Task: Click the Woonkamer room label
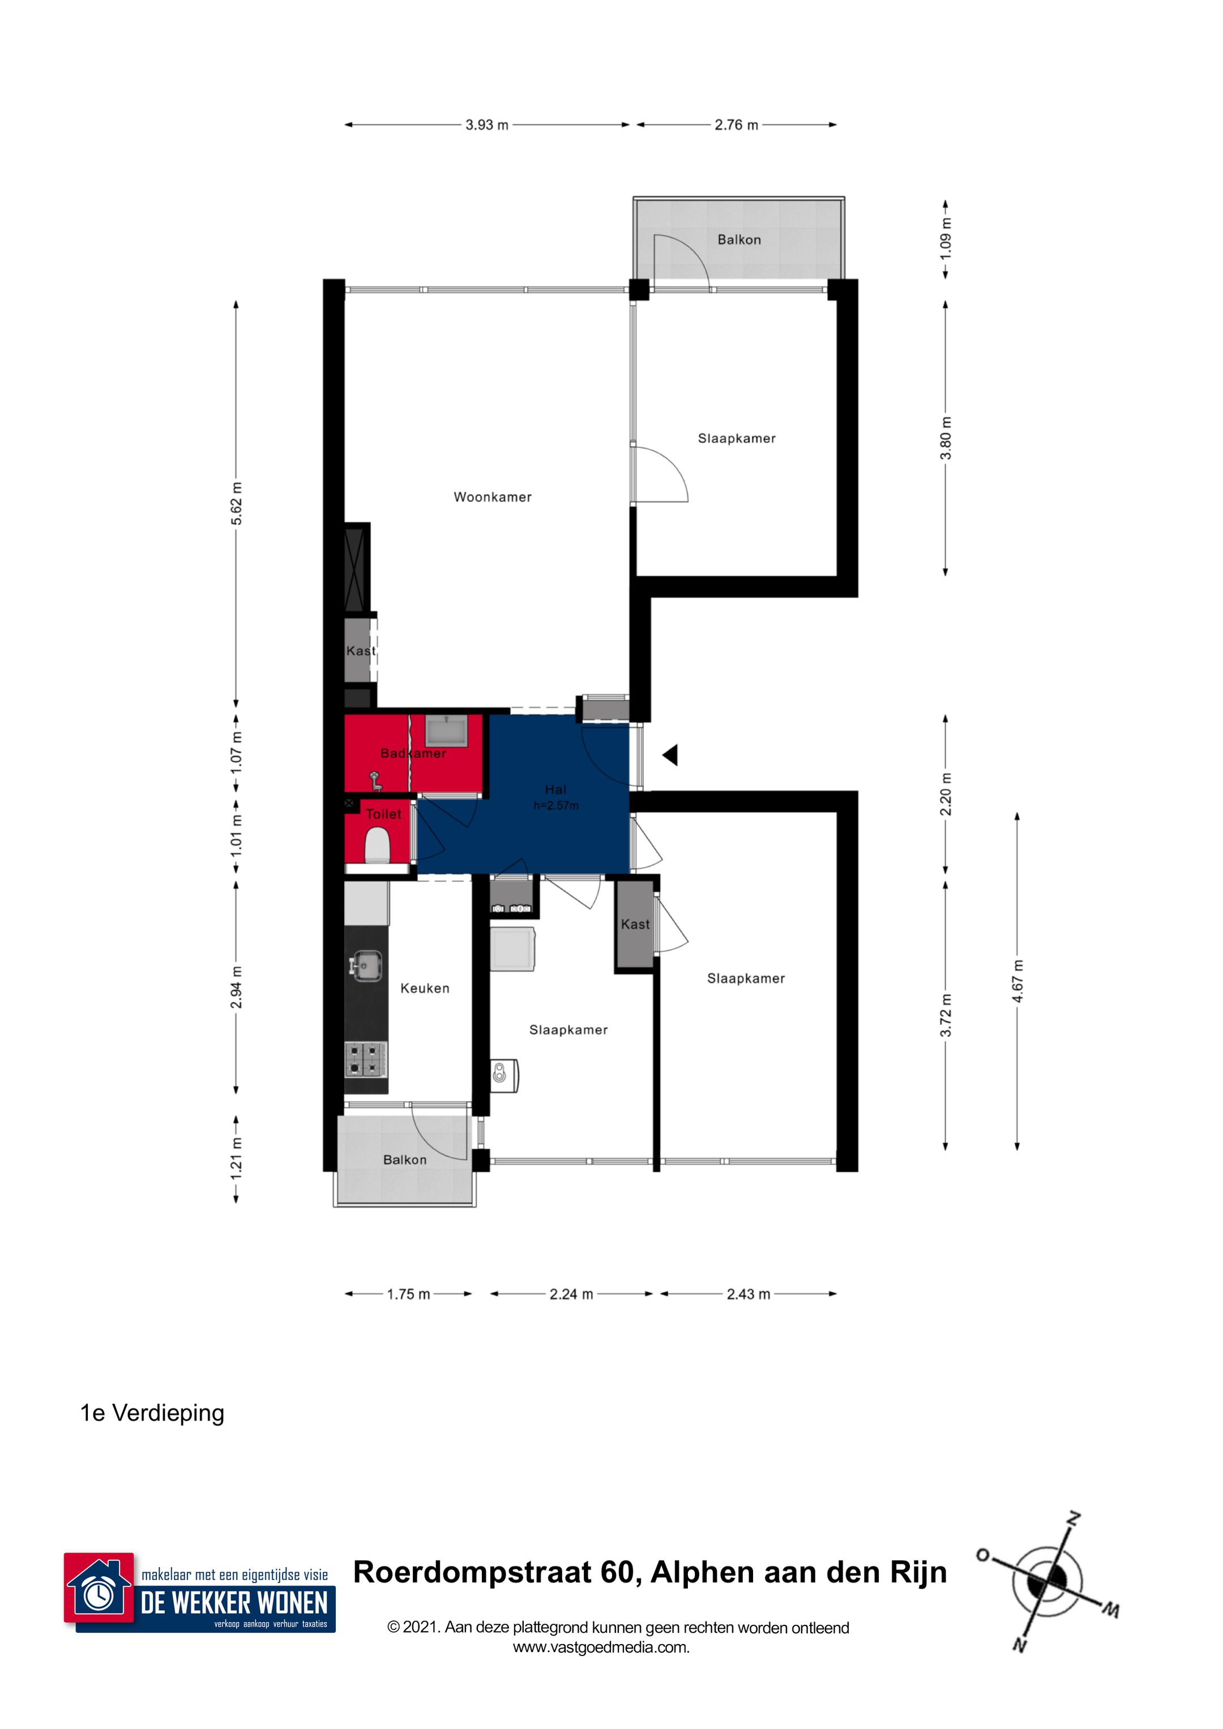tap(492, 497)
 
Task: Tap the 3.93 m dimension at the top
tap(487, 125)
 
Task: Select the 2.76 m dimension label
tap(736, 125)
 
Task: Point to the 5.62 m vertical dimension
tap(237, 503)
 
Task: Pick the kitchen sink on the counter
tap(366, 966)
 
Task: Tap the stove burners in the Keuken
tap(366, 1058)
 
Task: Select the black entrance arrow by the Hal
tap(670, 754)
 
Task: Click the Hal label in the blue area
tap(555, 789)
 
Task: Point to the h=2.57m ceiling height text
tap(556, 806)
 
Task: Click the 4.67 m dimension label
tap(1017, 980)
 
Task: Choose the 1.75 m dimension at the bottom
tap(408, 1294)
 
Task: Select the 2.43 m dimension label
tap(749, 1294)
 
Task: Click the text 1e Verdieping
tap(152, 1413)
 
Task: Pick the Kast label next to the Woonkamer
tap(360, 651)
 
